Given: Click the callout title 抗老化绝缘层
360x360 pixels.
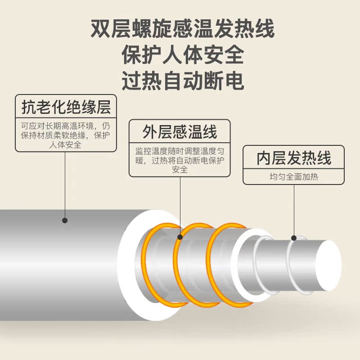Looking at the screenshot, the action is [x=66, y=107].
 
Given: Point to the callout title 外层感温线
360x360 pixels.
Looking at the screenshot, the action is [x=180, y=132].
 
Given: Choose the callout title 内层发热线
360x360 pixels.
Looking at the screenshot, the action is [x=293, y=158].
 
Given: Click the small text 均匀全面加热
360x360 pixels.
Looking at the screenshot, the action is [x=293, y=177].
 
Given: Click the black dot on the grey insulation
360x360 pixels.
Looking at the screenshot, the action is [x=65, y=220].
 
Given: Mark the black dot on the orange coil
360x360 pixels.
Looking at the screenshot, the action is [x=180, y=237].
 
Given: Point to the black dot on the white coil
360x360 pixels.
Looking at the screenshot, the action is [x=294, y=238].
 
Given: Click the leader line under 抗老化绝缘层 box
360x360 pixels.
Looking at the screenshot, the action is [x=65, y=184].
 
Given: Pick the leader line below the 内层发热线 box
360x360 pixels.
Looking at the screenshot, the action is [x=294, y=209].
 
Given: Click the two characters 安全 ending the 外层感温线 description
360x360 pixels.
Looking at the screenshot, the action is [x=180, y=171].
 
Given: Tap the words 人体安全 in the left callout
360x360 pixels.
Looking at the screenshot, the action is [x=66, y=145].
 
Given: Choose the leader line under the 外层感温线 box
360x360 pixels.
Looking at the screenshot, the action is [x=180, y=205].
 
